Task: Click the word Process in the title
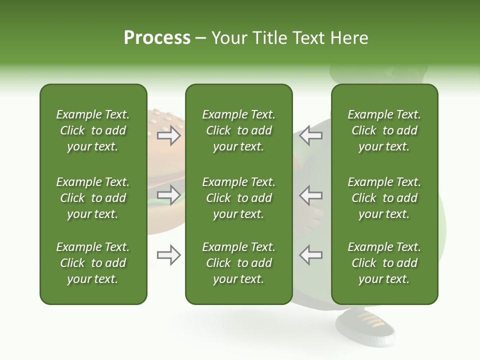tap(157, 38)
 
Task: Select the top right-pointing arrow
tap(168, 135)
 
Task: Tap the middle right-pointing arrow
tap(168, 195)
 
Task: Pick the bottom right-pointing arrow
tap(168, 255)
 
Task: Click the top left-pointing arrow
tap(311, 135)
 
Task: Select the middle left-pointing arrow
tap(311, 195)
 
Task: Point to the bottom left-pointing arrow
tap(311, 255)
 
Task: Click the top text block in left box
tap(93, 130)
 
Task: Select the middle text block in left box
tap(93, 198)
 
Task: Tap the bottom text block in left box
tap(93, 263)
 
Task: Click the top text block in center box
tap(238, 130)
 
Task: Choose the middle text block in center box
tap(238, 198)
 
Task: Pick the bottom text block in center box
tap(238, 263)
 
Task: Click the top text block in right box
tap(384, 130)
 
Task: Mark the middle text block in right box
tap(384, 198)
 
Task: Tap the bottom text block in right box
tap(384, 263)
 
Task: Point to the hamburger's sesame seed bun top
tap(162, 120)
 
